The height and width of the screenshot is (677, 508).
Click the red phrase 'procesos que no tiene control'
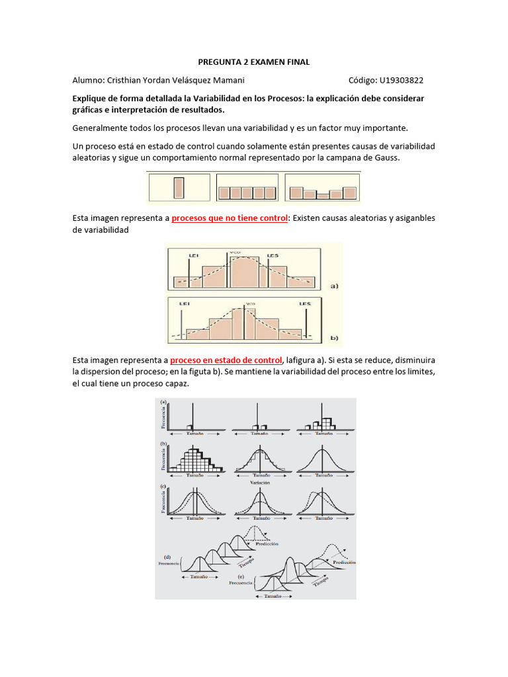click(230, 218)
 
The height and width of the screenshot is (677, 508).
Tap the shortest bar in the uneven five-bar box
click(322, 196)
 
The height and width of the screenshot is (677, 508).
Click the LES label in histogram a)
click(273, 255)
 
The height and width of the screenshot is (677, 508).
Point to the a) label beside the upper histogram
click(334, 286)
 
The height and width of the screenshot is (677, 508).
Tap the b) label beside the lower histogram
click(334, 338)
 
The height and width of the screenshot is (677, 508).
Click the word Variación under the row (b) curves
click(259, 483)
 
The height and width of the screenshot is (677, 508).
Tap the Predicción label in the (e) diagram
click(345, 562)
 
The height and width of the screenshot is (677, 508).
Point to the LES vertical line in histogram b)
click(307, 321)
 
